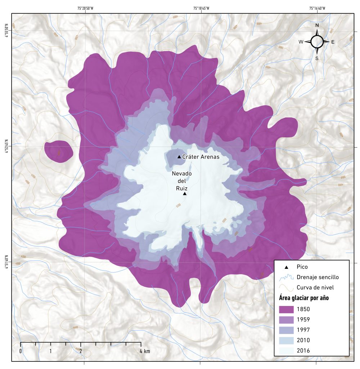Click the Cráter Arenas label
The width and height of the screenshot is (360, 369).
[201, 157]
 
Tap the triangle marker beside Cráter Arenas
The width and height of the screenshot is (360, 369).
[179, 157]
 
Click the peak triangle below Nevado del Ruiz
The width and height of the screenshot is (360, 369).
[185, 194]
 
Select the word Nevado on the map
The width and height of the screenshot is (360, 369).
[182, 174]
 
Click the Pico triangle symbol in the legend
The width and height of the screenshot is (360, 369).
[286, 267]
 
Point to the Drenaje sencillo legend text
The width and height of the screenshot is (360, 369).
[318, 277]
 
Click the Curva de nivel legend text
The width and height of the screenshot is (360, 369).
[315, 288]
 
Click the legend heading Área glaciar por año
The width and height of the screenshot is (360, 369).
[304, 298]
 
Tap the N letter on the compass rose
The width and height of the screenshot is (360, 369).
[317, 26]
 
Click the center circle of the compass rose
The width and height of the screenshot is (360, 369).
[317, 42]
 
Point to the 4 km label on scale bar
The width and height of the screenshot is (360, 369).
[145, 351]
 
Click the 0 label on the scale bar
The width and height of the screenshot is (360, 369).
[21, 351]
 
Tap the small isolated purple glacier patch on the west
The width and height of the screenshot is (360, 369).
[59, 151]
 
